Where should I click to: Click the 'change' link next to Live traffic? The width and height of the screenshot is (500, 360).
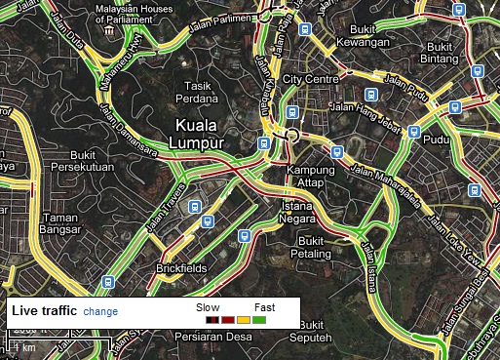[100, 311]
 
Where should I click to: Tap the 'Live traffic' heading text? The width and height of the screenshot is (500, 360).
[45, 311]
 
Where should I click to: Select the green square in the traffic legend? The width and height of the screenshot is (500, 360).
[260, 319]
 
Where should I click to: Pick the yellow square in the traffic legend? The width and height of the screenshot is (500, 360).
[244, 319]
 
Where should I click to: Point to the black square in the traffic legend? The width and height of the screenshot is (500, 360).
[211, 319]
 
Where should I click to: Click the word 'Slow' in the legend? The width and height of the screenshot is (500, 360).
[208, 306]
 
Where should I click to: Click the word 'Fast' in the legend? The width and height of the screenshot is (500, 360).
[264, 306]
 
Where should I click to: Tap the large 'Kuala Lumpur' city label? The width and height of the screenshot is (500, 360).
[201, 134]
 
